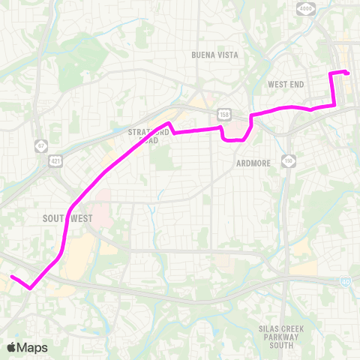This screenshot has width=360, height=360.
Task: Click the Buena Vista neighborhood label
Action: pyautogui.click(x=214, y=55)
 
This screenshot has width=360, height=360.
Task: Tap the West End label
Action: pyautogui.click(x=286, y=84)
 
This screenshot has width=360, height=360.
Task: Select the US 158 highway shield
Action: pyautogui.click(x=223, y=114)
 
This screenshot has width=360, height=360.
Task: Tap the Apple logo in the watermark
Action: pyautogui.click(x=12, y=347)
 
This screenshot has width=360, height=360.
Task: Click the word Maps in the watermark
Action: pyautogui.click(x=34, y=347)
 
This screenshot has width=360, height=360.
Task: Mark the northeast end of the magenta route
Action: pyautogui.click(x=348, y=73)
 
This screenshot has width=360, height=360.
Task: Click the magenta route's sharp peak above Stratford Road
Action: pyautogui.click(x=169, y=123)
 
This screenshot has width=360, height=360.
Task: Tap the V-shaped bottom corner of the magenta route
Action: pyautogui.click(x=30, y=287)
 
